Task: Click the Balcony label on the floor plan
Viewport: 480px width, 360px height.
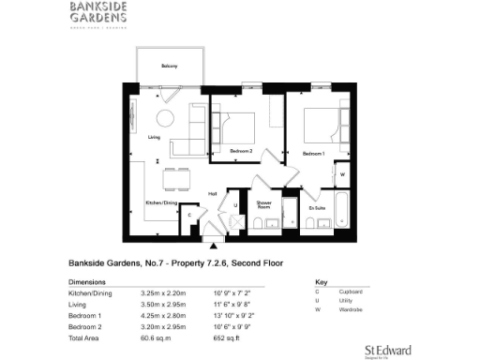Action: point(169,66)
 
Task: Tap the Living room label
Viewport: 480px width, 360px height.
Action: point(155,138)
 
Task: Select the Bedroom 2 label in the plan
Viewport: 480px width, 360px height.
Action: point(241,150)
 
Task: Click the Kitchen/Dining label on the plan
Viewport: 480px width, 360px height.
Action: point(161,202)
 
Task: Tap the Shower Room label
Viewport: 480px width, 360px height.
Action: point(264,204)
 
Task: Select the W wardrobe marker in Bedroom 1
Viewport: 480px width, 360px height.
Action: point(341,173)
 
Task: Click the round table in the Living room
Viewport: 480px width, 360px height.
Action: point(165,118)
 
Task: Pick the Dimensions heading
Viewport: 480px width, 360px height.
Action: point(88,281)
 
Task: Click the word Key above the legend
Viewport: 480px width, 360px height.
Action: point(321,281)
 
